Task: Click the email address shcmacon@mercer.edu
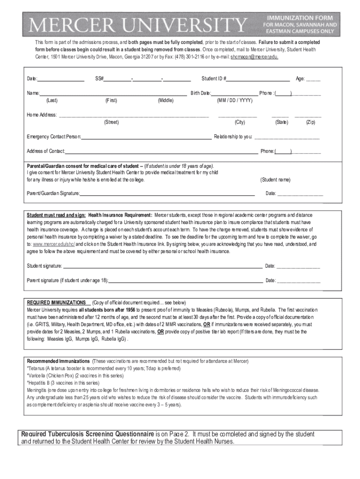click(254, 57)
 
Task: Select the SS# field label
click(99, 79)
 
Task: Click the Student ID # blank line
click(258, 79)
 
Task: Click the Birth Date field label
click(201, 93)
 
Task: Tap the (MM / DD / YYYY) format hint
click(235, 100)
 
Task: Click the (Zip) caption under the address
click(310, 122)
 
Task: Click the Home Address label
click(42, 115)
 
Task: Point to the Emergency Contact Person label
click(54, 137)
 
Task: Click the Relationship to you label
click(233, 137)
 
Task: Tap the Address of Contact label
click(46, 151)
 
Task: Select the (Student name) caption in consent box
click(275, 180)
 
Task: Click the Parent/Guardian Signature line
click(167, 193)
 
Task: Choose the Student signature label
click(44, 266)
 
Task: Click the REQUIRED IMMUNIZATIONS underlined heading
click(56, 303)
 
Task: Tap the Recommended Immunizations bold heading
click(58, 361)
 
